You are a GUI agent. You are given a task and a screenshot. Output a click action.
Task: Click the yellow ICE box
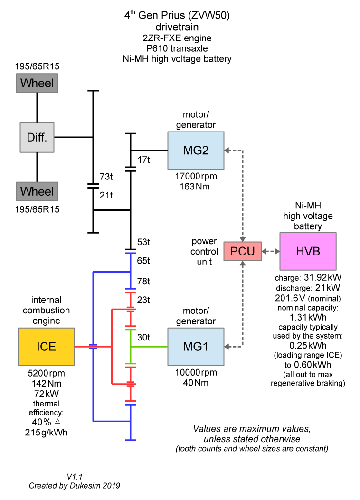(46, 346)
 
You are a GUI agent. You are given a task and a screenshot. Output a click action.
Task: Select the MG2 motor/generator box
(195, 150)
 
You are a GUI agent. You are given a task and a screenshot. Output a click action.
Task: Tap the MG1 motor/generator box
(195, 347)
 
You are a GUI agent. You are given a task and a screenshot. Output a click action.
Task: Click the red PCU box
(243, 251)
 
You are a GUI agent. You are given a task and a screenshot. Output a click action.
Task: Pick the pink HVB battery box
(308, 251)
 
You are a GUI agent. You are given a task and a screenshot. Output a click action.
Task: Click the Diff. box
(37, 137)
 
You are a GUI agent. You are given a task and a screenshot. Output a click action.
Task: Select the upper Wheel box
(37, 84)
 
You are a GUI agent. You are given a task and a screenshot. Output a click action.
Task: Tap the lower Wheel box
(37, 191)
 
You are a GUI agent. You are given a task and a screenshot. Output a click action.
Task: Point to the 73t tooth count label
(105, 177)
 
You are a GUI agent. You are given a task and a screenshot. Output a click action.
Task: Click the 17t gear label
(143, 160)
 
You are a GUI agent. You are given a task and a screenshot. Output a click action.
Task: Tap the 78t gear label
(143, 282)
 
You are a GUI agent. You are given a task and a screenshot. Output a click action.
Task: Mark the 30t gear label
(143, 337)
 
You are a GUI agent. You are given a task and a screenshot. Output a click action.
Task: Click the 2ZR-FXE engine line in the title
(177, 38)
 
